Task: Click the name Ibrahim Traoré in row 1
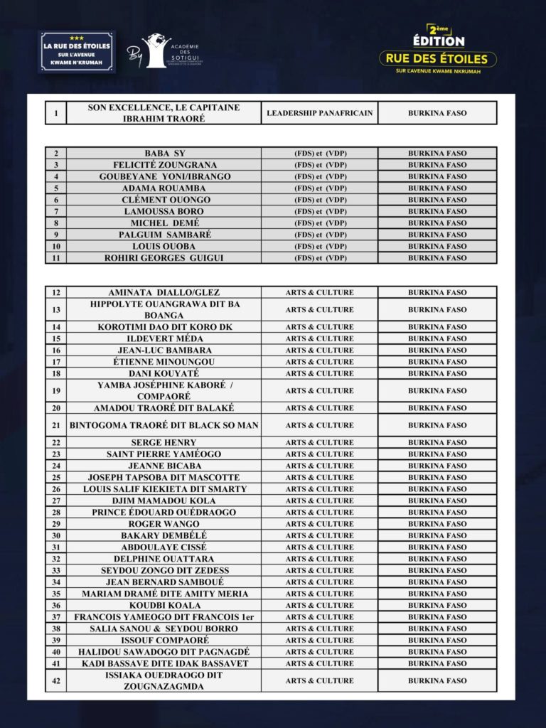pos(164,118)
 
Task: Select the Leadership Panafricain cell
pos(319,113)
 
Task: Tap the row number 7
pos(55,211)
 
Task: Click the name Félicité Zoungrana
pos(164,165)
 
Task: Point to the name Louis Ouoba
pos(164,246)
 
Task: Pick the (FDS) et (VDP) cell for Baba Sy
pos(319,153)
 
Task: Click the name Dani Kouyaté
pos(164,373)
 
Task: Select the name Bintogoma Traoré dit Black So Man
pos(164,425)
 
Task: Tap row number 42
pos(55,680)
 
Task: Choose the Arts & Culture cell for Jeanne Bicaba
pos(319,466)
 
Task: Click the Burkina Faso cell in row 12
pos(437,292)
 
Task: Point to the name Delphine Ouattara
pos(164,559)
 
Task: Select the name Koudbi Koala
pos(164,605)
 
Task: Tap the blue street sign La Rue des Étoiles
pos(76,51)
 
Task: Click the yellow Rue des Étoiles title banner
pos(437,58)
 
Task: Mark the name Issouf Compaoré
pos(164,640)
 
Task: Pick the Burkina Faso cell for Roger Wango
pos(437,524)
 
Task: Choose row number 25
pos(55,477)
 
